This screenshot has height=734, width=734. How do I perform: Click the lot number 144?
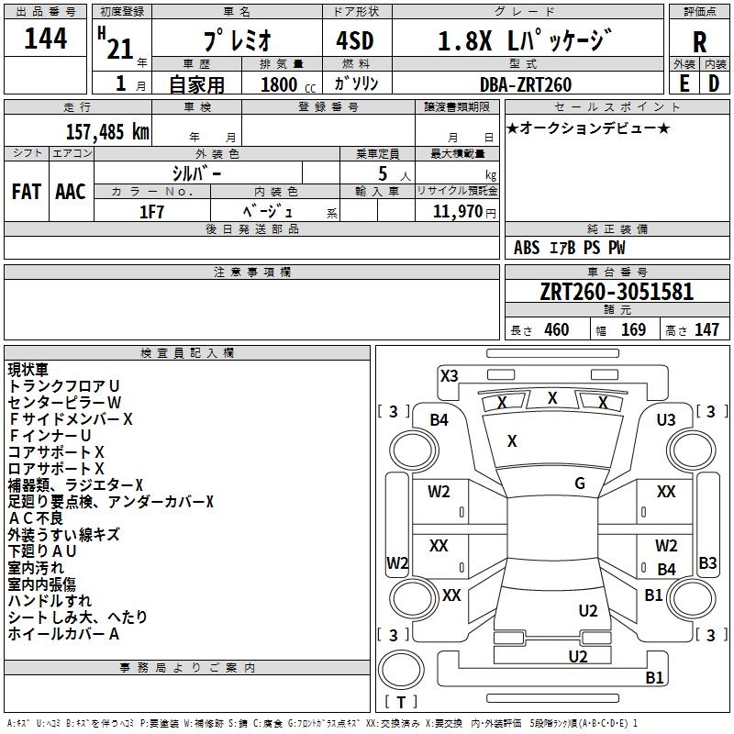(46, 39)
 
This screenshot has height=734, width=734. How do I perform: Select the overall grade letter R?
(699, 41)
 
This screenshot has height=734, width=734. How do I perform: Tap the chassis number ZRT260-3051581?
(617, 292)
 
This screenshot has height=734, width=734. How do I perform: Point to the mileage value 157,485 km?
(107, 131)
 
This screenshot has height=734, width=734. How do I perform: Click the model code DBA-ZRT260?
(525, 84)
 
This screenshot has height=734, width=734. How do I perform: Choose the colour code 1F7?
(151, 210)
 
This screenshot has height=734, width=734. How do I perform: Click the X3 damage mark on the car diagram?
(450, 375)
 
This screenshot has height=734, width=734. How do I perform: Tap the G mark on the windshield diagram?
(580, 484)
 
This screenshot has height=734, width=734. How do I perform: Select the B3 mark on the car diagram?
(707, 563)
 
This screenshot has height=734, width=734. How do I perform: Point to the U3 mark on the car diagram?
(666, 420)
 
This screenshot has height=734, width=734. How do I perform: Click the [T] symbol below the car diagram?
(401, 703)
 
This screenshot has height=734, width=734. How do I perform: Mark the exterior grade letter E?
(684, 83)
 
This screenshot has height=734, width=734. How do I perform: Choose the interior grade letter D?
(714, 83)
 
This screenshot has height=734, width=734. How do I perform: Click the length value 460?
(556, 330)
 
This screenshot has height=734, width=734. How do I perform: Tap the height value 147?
(706, 330)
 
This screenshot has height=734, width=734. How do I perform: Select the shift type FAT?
(27, 192)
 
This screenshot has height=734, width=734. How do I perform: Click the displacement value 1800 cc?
(280, 84)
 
